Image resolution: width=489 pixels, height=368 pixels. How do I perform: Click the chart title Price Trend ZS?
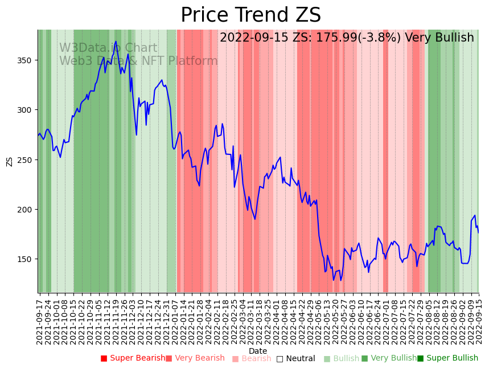[250, 15]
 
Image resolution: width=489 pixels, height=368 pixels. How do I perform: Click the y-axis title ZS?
[9, 161]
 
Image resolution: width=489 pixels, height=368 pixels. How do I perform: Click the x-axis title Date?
[258, 351]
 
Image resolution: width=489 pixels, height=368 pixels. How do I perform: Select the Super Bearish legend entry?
[133, 358]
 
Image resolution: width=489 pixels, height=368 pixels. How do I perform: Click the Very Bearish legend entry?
[195, 358]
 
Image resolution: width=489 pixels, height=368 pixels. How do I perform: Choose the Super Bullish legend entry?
[447, 358]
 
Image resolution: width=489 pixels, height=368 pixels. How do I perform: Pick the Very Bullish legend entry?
[389, 358]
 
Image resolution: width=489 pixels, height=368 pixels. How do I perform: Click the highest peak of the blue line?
[116, 42]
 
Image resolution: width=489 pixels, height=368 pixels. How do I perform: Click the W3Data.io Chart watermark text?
[108, 48]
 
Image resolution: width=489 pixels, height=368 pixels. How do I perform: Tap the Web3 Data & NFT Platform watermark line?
[138, 61]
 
